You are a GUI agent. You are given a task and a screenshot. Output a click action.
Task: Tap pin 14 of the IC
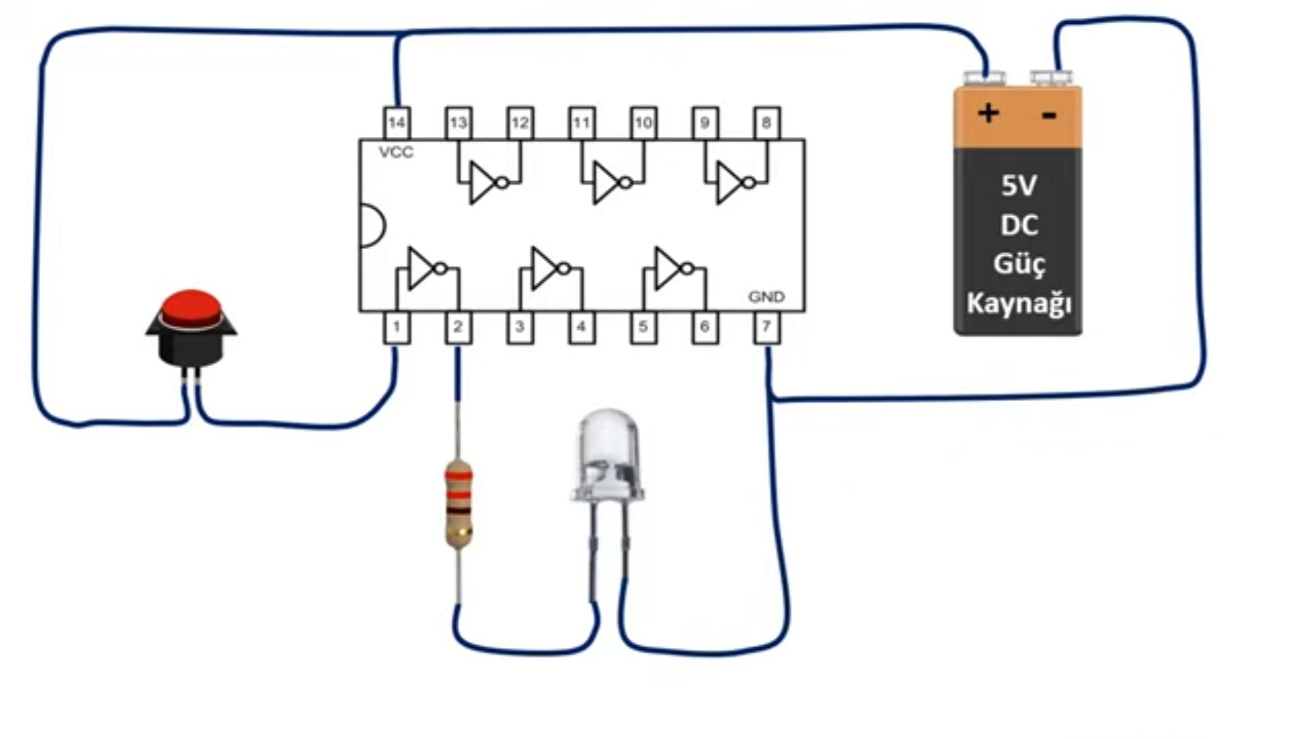coord(397,123)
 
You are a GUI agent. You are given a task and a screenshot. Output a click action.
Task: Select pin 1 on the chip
coord(397,328)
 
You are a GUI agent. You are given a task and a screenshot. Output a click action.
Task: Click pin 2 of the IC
coord(459,328)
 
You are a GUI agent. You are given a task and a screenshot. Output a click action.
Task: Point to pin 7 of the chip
coord(767,328)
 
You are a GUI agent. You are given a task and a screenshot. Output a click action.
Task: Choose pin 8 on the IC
coord(767,123)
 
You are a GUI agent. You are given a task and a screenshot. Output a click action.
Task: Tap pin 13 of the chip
coord(459,123)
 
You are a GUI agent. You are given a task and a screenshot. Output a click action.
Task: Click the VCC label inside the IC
coord(396,153)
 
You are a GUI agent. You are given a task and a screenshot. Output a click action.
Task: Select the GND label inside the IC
coord(767,297)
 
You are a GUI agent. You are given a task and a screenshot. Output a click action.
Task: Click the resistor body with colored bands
coord(459,504)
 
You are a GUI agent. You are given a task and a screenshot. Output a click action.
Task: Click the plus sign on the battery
coord(988,113)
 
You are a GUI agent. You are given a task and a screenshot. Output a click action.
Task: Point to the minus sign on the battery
coord(1049,116)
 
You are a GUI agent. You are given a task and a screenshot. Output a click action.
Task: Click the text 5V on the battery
coord(1019,185)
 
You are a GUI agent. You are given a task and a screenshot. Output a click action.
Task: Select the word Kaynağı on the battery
coord(1019,303)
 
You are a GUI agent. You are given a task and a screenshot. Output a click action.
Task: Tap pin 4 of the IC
coord(582,328)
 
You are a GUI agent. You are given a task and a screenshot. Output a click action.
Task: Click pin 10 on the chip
coord(644,123)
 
